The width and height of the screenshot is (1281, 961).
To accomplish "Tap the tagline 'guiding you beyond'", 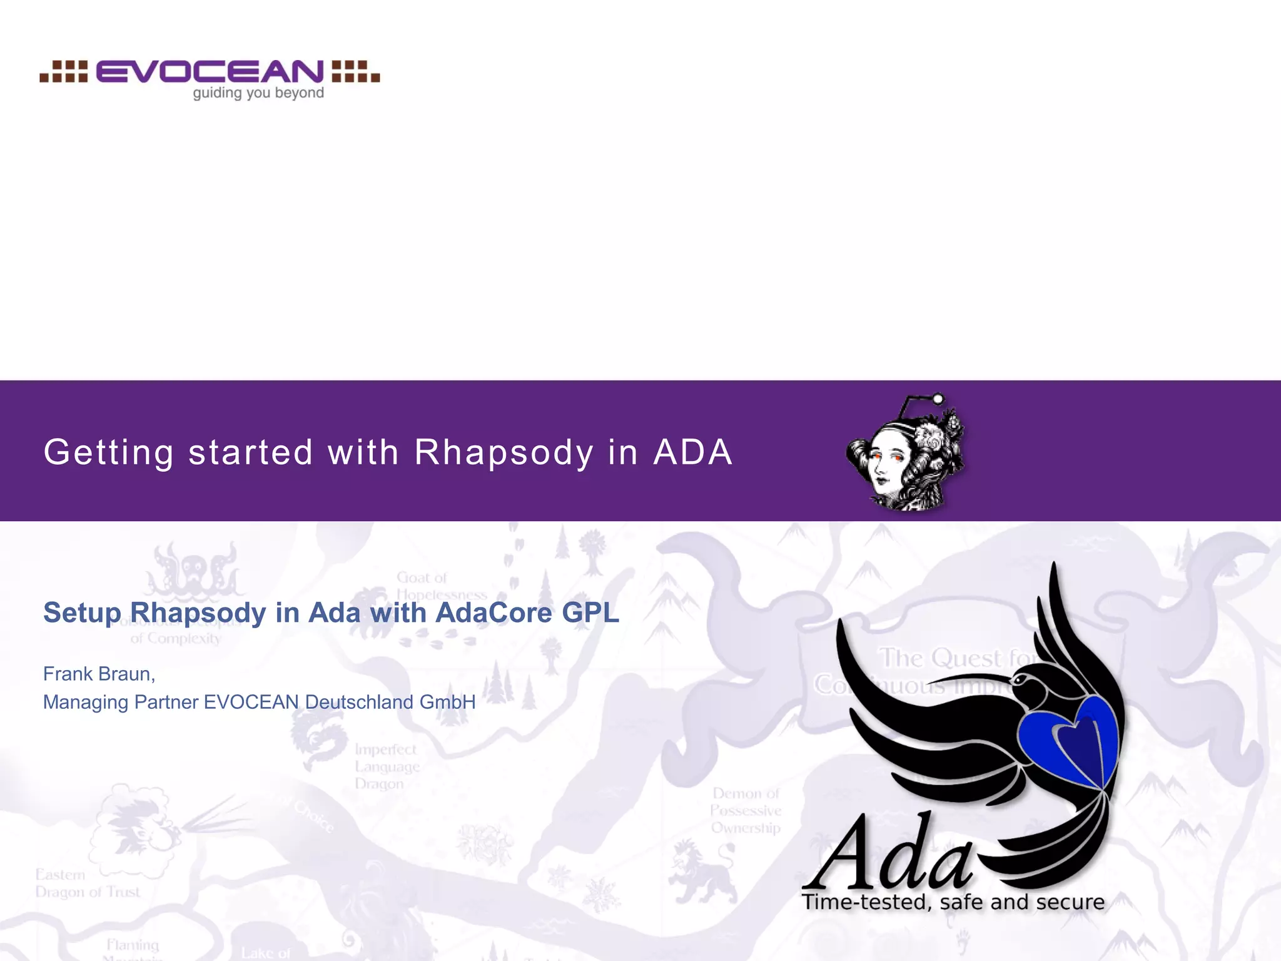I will tap(258, 93).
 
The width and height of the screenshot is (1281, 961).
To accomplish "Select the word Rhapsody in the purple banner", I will tap(504, 452).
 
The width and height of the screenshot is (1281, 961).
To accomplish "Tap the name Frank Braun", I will tap(98, 674).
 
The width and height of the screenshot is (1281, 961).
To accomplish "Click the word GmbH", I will tap(447, 702).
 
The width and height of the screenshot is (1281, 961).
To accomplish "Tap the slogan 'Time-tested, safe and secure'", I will tap(953, 902).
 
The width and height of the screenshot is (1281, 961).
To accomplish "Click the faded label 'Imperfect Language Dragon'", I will tap(387, 766).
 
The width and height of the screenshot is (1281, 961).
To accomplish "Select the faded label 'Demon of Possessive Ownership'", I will tap(746, 811).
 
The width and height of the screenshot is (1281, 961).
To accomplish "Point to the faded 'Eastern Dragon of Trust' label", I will tap(87, 883).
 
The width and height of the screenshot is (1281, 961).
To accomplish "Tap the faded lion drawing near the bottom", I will tap(697, 870).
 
